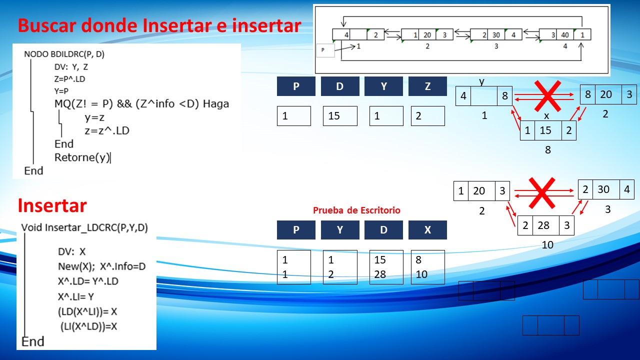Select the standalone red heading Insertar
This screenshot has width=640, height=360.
click(x=52, y=205)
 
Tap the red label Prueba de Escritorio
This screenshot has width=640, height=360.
click(x=356, y=210)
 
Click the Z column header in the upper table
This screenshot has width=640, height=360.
click(x=427, y=86)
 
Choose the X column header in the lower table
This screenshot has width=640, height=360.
click(x=427, y=229)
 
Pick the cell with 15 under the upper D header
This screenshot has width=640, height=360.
click(x=340, y=115)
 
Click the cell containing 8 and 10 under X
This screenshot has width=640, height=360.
click(x=427, y=267)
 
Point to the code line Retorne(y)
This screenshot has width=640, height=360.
click(x=82, y=157)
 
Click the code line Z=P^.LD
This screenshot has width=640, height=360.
click(x=69, y=79)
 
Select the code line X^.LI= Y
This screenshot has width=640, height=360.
click(x=75, y=297)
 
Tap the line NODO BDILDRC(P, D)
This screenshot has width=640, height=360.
click(x=64, y=54)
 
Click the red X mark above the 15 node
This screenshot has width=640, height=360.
click(x=547, y=96)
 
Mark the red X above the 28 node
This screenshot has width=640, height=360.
click(x=541, y=193)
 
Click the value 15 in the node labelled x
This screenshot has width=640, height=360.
click(x=545, y=130)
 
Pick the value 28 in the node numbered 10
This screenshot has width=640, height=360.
click(x=543, y=225)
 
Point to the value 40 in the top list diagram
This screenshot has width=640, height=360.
click(x=565, y=35)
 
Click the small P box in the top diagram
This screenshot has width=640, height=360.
click(x=325, y=50)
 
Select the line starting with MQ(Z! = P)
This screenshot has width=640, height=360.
click(x=141, y=103)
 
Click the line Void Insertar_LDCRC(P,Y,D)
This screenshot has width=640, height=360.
click(x=84, y=227)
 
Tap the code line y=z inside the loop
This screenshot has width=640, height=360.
click(x=94, y=117)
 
